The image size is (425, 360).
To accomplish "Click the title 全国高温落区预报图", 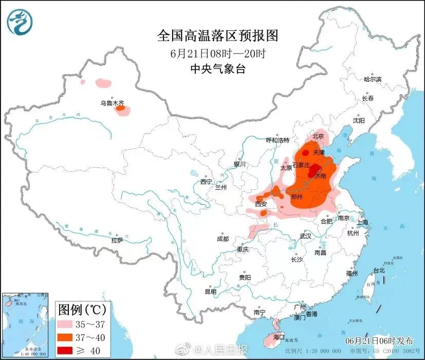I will pyautogui.click(x=217, y=36).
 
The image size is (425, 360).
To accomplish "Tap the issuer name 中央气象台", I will pyautogui.click(x=217, y=69).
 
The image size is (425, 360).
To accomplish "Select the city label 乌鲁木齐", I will pyautogui.click(x=112, y=103).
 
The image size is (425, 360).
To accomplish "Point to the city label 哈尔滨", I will pyautogui.click(x=373, y=79).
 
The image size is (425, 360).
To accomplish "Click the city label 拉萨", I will pyautogui.click(x=117, y=240).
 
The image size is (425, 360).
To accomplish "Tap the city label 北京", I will pyautogui.click(x=318, y=137).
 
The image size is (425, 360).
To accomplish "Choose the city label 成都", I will pyautogui.click(x=223, y=239).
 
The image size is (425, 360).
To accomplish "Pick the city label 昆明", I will pyautogui.click(x=211, y=292).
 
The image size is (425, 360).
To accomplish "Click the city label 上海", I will pyautogui.click(x=363, y=222).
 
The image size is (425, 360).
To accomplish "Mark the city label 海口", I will pyautogui.click(x=279, y=337).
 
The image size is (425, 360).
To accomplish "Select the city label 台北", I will pyautogui.click(x=379, y=270).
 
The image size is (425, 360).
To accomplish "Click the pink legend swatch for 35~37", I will pyautogui.click(x=66, y=325).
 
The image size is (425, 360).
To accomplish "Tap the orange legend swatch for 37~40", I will pyautogui.click(x=66, y=337).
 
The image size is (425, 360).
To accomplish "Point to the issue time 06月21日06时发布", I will pyautogui.click(x=379, y=341).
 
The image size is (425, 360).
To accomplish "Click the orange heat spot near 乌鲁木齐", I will pyautogui.click(x=120, y=109).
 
